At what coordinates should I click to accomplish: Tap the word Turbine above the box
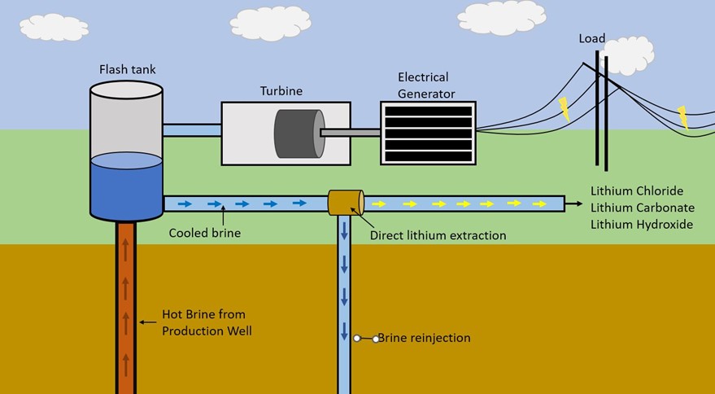279,90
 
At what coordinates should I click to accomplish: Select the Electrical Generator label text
423,84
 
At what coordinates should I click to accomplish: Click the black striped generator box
428,133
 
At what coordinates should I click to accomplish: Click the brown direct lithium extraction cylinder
346,203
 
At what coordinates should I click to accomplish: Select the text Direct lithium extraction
438,235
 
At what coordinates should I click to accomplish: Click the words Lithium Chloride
637,190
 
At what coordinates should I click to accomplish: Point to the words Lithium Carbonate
642,207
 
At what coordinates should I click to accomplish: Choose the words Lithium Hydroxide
642,223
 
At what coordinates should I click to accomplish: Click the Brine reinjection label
424,337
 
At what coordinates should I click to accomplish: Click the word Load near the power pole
591,39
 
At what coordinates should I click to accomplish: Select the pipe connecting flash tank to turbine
192,130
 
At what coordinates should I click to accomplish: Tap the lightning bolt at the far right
682,117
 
